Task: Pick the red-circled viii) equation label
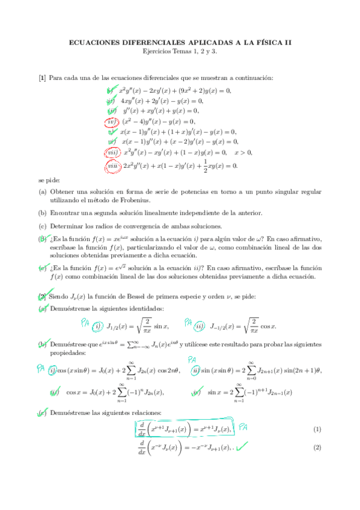112,165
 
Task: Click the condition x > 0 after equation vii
243,153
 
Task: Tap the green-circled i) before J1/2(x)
99,327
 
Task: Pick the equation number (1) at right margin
317,429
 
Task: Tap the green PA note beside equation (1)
244,428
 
